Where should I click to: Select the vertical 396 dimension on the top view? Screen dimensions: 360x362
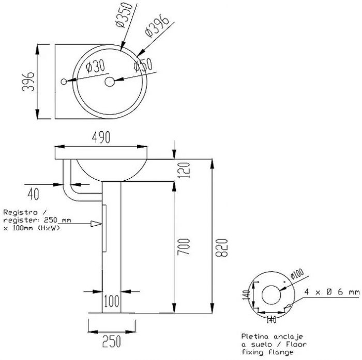pyautogui.click(x=31, y=82)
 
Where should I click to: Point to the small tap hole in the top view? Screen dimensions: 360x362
pyautogui.click(x=64, y=82)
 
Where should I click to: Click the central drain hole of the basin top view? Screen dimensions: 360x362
pyautogui.click(x=109, y=82)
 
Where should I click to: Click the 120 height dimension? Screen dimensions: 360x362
pyautogui.click(x=186, y=169)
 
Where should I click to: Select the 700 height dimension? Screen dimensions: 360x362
pyautogui.click(x=186, y=247)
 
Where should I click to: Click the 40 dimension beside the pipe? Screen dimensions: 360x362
pyautogui.click(x=33, y=194)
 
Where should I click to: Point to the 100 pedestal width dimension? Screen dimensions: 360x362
pyautogui.click(x=112, y=300)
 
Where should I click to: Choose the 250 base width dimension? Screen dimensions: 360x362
pyautogui.click(x=112, y=341)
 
